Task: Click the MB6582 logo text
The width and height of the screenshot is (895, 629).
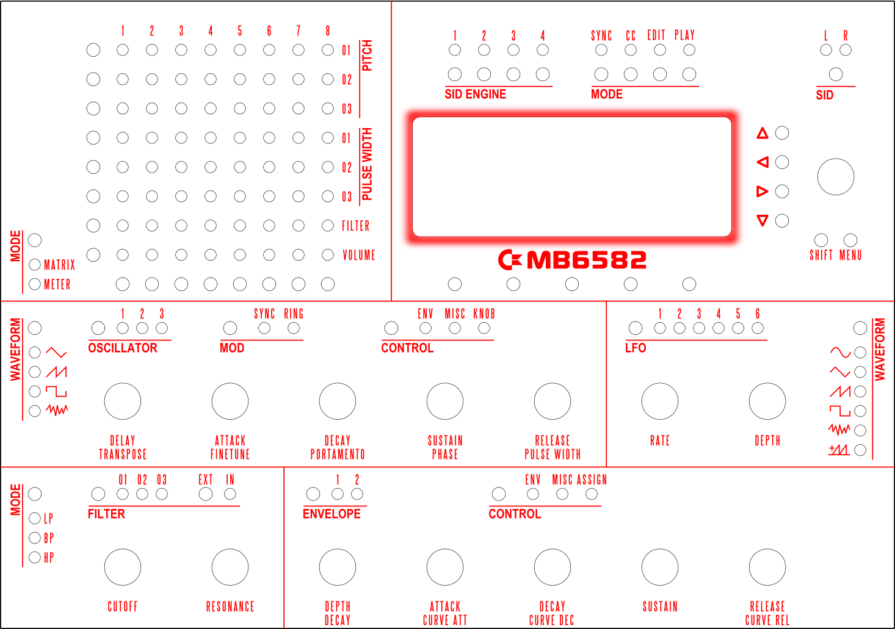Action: [x=585, y=261]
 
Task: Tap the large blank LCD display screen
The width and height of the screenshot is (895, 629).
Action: [x=572, y=177]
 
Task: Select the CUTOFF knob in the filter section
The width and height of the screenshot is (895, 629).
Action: [x=123, y=567]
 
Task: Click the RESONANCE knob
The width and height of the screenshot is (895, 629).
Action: [x=230, y=567]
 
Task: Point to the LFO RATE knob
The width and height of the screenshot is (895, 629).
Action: [x=660, y=401]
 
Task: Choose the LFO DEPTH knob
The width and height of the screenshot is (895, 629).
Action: [x=767, y=401]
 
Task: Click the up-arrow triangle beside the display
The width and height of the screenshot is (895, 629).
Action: [x=763, y=133]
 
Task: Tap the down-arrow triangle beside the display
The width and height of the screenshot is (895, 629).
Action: [x=763, y=220]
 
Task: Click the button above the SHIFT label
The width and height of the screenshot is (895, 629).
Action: [x=821, y=240]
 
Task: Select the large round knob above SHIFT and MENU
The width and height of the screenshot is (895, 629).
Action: [x=836, y=177]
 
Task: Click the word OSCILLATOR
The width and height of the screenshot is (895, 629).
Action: [x=123, y=348]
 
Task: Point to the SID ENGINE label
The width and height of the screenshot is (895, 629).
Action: [x=476, y=94]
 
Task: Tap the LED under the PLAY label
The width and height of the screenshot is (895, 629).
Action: [x=689, y=50]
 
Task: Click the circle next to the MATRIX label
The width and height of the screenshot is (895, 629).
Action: [x=35, y=265]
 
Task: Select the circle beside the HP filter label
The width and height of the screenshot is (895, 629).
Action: [x=35, y=557]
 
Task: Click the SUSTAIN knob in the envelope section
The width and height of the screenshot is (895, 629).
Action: [x=660, y=567]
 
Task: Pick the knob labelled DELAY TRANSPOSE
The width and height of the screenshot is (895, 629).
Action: [x=123, y=401]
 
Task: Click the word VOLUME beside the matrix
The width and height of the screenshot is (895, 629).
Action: [x=359, y=255]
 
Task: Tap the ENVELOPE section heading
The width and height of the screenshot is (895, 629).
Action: [x=332, y=514]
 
